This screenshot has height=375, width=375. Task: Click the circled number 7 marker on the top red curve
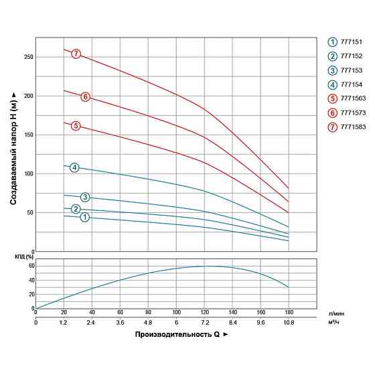tap(76, 54)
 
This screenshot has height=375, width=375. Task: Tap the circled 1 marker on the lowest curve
tap(85, 217)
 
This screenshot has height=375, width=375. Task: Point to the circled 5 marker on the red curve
tap(76, 126)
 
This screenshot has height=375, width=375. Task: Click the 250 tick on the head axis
tap(27, 57)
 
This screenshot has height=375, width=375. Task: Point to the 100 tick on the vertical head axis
tap(27, 173)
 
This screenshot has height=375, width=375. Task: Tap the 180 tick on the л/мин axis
tap(289, 312)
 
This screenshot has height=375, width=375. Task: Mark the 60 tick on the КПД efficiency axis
tap(29, 266)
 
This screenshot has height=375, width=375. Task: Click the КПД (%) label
tap(24, 257)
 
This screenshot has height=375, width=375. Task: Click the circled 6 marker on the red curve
tap(86, 96)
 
